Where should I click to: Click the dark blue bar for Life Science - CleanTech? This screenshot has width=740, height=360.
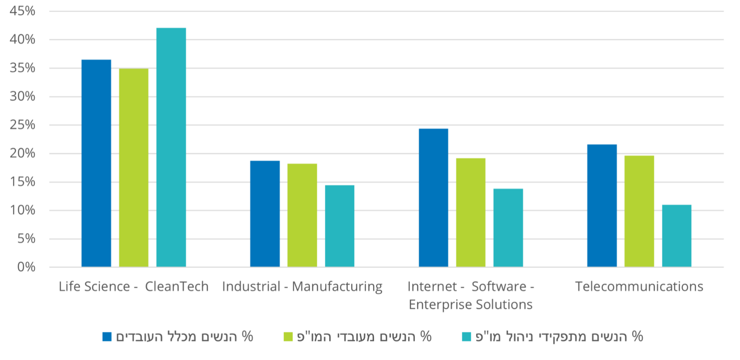[x=96, y=163]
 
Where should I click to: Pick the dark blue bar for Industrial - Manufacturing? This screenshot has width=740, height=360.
[x=265, y=214]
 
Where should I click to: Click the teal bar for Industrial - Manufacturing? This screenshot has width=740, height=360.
[x=340, y=226]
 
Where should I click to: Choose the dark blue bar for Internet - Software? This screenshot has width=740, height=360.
[x=433, y=198]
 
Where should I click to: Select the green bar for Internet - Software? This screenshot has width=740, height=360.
[x=471, y=213]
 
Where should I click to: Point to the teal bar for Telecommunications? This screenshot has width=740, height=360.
[x=677, y=236]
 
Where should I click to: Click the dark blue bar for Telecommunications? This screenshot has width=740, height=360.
[x=602, y=206]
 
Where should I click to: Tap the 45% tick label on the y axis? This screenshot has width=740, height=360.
[x=23, y=11]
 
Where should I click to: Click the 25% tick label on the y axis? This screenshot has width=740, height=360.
[x=23, y=125]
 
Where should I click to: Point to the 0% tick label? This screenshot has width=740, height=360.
[x=26, y=267]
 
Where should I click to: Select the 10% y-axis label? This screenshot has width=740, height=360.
[x=23, y=210]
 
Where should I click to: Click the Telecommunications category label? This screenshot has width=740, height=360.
[x=639, y=287]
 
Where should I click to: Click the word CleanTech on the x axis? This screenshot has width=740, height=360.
[x=177, y=287]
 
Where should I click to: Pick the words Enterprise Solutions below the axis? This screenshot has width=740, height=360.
[x=470, y=305]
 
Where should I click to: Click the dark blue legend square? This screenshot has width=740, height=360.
[x=107, y=337]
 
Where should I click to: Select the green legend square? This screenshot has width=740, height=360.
[x=288, y=337]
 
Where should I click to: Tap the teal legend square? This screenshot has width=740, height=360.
[x=467, y=337]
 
